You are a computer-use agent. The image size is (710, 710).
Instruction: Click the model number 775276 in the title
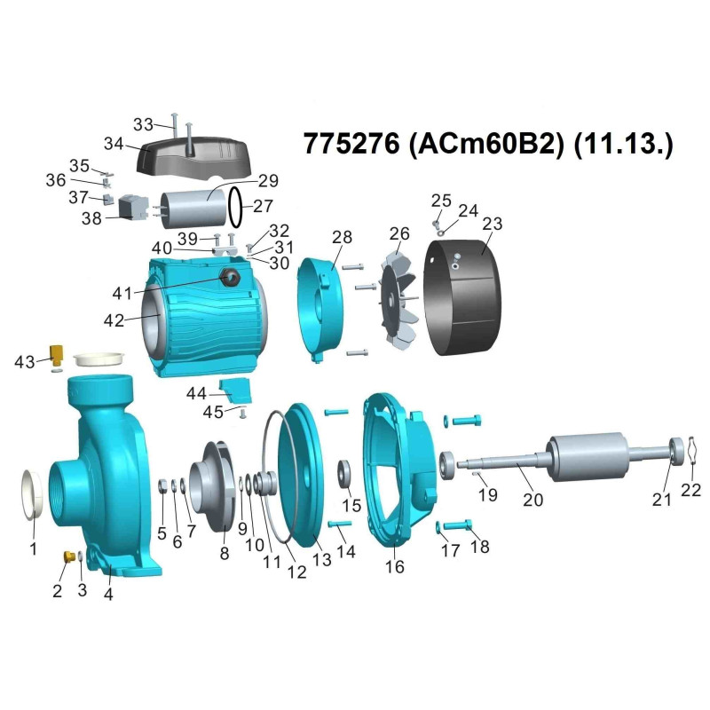351,144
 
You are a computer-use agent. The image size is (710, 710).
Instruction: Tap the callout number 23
493,224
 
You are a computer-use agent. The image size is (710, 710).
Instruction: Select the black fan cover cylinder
461,297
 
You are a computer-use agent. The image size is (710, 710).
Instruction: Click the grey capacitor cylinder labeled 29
193,209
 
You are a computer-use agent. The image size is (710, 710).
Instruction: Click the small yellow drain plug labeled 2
69,556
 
